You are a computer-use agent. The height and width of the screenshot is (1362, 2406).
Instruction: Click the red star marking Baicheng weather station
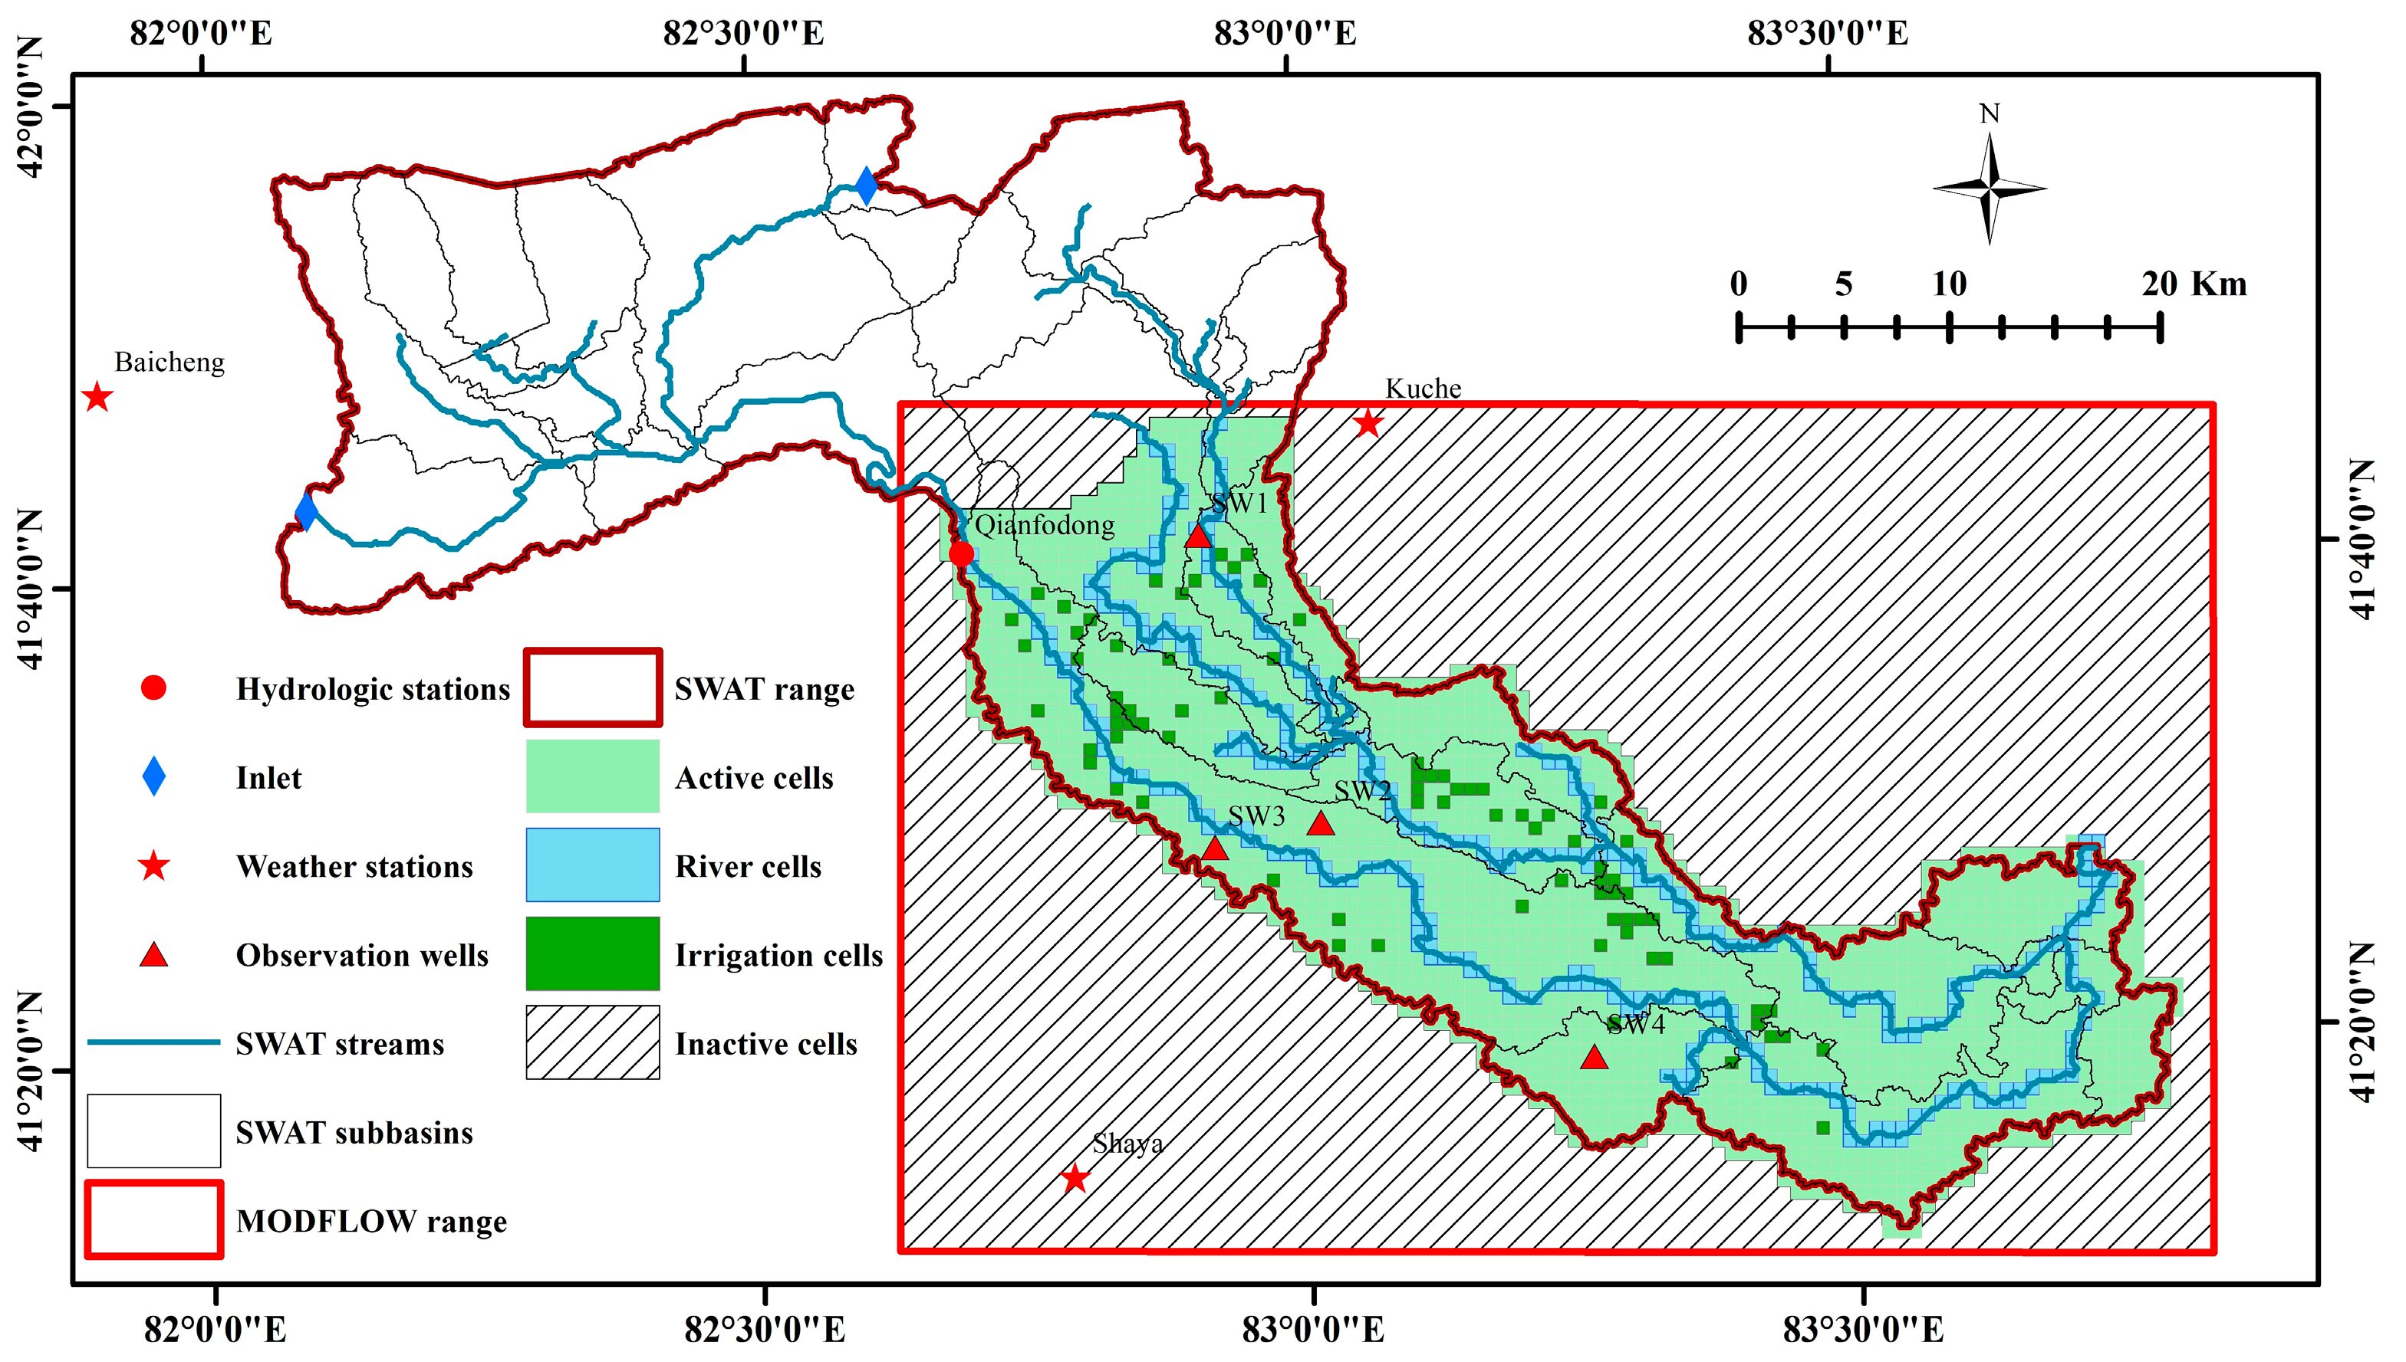97,398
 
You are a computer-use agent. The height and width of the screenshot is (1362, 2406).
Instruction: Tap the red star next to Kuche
1368,424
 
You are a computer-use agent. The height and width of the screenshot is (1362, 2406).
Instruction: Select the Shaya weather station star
1075,1178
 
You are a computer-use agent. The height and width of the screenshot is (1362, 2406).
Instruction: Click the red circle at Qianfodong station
961,555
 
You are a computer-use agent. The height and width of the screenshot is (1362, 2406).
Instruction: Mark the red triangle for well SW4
1594,1058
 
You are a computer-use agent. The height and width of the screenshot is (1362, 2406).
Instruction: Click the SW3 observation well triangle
1214,849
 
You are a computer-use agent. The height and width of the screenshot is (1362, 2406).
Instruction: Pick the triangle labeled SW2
1319,824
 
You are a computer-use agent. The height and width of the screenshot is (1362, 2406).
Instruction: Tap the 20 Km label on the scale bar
2193,284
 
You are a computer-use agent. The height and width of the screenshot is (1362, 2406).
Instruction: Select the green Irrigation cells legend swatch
592,953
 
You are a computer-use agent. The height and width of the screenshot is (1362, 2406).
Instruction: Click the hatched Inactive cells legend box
592,1042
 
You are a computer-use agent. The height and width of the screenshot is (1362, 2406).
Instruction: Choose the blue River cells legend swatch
592,865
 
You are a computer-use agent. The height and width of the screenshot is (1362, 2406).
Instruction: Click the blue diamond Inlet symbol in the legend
153,777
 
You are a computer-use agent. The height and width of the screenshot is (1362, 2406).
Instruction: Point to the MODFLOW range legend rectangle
154,1219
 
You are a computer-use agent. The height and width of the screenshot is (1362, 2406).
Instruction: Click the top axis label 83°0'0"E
1285,34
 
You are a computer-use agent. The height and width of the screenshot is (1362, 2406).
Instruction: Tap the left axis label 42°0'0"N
31,107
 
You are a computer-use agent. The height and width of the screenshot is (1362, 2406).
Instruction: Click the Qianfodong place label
1045,525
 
